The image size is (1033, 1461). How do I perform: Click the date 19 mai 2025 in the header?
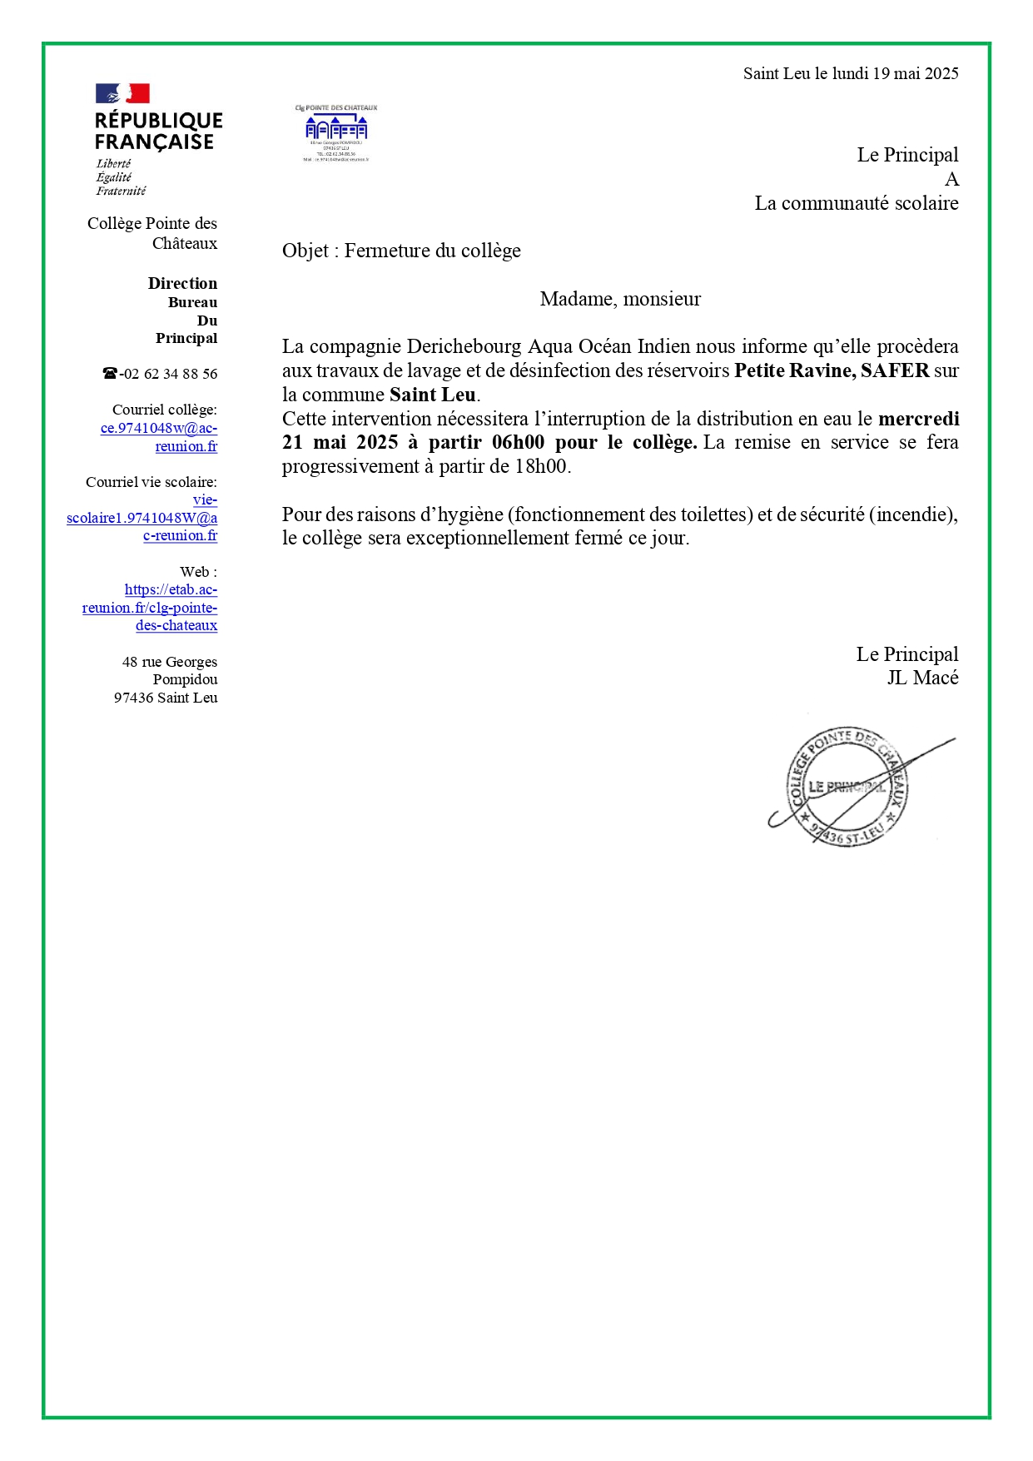pyautogui.click(x=915, y=73)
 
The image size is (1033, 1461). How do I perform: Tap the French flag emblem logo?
pyautogui.click(x=122, y=93)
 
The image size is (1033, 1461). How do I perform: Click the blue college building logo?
pyautogui.click(x=335, y=129)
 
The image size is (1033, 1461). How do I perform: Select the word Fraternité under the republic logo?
pyautogui.click(x=121, y=191)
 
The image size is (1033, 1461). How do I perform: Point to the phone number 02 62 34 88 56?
pyautogui.click(x=170, y=374)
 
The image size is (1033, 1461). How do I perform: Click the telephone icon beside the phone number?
pyautogui.click(x=110, y=374)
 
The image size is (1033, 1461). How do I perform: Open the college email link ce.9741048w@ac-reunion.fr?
pyautogui.click(x=159, y=437)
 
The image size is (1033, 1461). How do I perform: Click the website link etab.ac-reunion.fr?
pyautogui.click(x=151, y=608)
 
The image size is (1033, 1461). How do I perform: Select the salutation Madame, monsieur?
pyautogui.click(x=620, y=299)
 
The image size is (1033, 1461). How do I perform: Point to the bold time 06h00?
pyautogui.click(x=518, y=442)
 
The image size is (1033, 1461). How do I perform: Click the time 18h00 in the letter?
pyautogui.click(x=540, y=466)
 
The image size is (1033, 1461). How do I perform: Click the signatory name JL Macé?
pyautogui.click(x=922, y=678)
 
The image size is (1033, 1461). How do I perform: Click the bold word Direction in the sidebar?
pyautogui.click(x=182, y=283)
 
